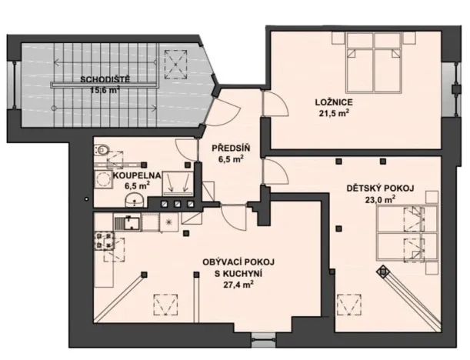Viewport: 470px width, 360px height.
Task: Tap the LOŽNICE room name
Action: coord(334,101)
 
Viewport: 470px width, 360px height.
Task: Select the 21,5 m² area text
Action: coord(334,114)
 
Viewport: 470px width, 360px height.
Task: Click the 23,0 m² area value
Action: coord(379,198)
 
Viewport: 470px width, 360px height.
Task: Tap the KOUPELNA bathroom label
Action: coord(138,175)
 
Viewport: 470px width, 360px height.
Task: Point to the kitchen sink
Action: coord(128,224)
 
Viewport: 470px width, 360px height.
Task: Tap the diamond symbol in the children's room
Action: coord(382,270)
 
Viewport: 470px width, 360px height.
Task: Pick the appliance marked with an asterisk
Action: coord(168,223)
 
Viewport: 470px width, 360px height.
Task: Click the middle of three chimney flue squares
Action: coord(176,204)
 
